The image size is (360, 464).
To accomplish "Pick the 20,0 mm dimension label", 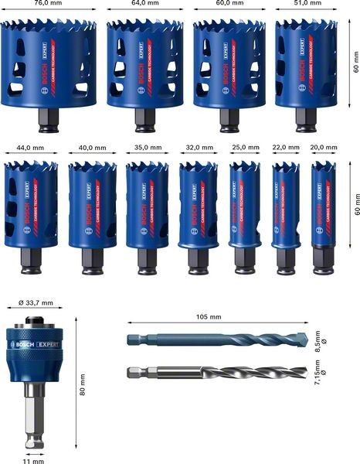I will coord(324,145).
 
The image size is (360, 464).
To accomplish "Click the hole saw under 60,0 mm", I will coord(225,66).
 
